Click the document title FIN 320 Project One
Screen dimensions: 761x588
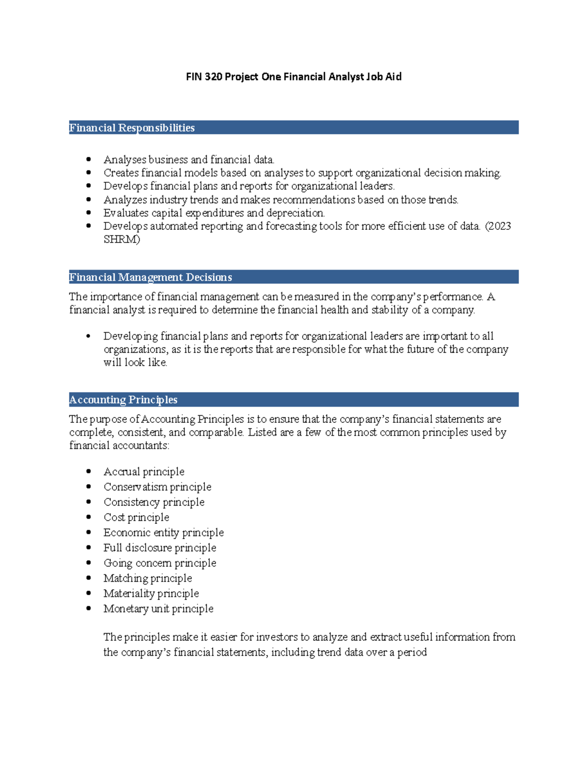click(294, 76)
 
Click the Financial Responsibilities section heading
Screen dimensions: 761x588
click(132, 128)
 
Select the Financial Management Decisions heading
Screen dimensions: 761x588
click(150, 277)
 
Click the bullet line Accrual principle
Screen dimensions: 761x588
click(144, 472)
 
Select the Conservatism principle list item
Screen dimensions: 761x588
click(157, 487)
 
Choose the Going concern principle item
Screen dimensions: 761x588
click(160, 563)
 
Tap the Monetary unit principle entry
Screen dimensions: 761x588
click(158, 609)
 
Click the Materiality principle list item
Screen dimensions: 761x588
click(151, 593)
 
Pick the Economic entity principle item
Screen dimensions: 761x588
click(163, 533)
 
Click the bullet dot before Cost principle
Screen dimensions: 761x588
click(89, 517)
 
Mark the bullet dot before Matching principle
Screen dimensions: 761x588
click(89, 578)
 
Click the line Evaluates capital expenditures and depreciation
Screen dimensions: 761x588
click(214, 213)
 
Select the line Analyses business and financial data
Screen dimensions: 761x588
click(189, 160)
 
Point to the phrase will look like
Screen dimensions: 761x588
click(135, 363)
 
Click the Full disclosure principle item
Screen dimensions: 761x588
click(160, 548)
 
